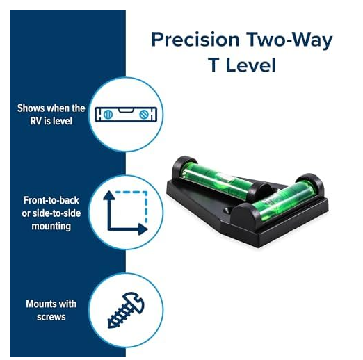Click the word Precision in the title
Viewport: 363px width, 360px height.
click(x=195, y=40)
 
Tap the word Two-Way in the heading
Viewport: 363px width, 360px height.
click(x=289, y=40)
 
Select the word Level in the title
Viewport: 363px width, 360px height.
click(x=251, y=65)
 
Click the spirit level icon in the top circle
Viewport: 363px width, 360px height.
click(x=126, y=115)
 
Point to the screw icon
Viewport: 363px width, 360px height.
click(x=126, y=310)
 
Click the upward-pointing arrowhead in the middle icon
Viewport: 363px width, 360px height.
click(x=109, y=196)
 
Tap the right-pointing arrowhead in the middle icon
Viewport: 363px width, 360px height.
click(x=143, y=229)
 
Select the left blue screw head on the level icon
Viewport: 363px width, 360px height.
click(x=108, y=115)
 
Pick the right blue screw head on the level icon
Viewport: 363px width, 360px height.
click(x=144, y=115)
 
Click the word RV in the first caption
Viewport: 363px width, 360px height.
click(x=35, y=121)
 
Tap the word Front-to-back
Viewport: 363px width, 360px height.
click(x=51, y=200)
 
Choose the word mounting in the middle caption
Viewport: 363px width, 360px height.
click(x=51, y=227)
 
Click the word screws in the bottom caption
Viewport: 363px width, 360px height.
click(x=51, y=317)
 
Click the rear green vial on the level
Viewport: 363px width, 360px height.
click(x=217, y=181)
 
